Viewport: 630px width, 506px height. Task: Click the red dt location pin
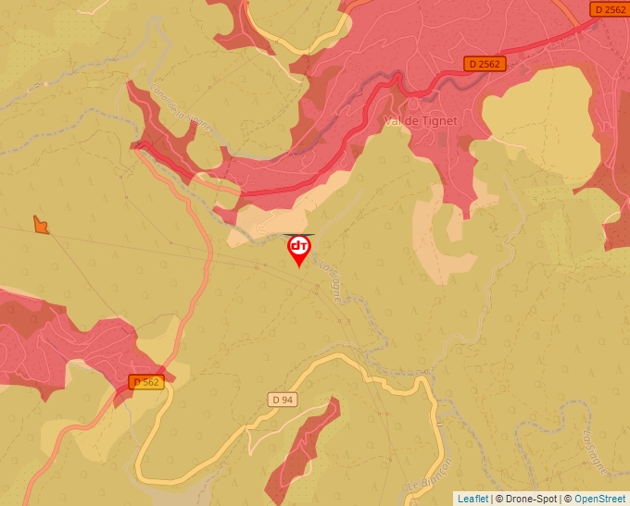click(299, 249)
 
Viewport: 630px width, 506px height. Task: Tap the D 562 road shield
click(146, 381)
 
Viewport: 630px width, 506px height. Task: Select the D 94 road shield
click(283, 399)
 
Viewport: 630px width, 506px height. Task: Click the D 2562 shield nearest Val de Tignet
click(484, 64)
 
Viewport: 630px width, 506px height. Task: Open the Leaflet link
click(472, 499)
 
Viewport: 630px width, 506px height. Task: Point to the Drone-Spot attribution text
click(532, 499)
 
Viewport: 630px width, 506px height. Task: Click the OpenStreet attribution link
click(599, 499)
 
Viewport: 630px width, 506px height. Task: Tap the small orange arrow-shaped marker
click(40, 224)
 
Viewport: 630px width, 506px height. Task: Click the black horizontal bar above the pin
click(298, 235)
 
